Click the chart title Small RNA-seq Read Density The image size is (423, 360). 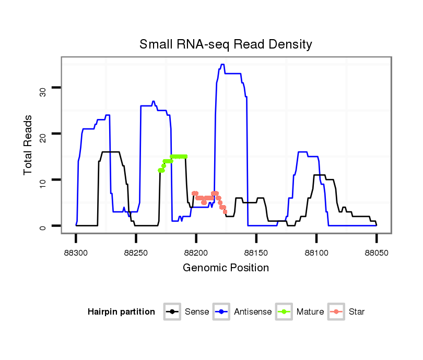coord(226,44)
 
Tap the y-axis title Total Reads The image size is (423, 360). coord(29,145)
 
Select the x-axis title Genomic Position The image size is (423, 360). coord(226,268)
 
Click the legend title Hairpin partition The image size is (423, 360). coord(121,312)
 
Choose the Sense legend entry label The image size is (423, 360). coord(196,312)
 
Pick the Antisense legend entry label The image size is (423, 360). coord(253,312)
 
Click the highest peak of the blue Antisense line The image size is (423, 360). coord(222,65)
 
